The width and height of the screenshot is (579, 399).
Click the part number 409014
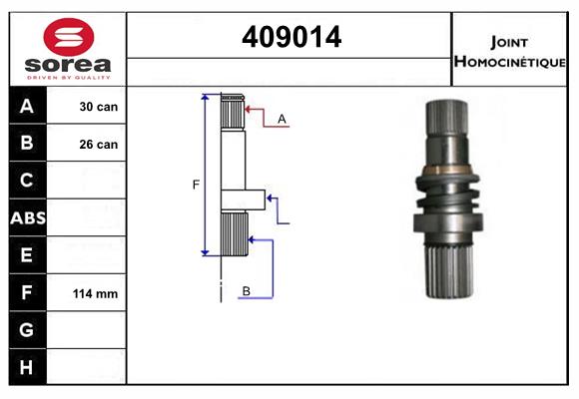click(x=291, y=37)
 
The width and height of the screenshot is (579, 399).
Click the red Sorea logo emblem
click(x=69, y=37)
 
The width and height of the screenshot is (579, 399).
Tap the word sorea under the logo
click(x=68, y=65)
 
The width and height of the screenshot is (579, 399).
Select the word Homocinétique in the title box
click(x=509, y=62)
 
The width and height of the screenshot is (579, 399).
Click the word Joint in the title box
click(x=509, y=43)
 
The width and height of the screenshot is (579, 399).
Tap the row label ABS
click(x=28, y=218)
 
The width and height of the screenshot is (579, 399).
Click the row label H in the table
click(x=26, y=367)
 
